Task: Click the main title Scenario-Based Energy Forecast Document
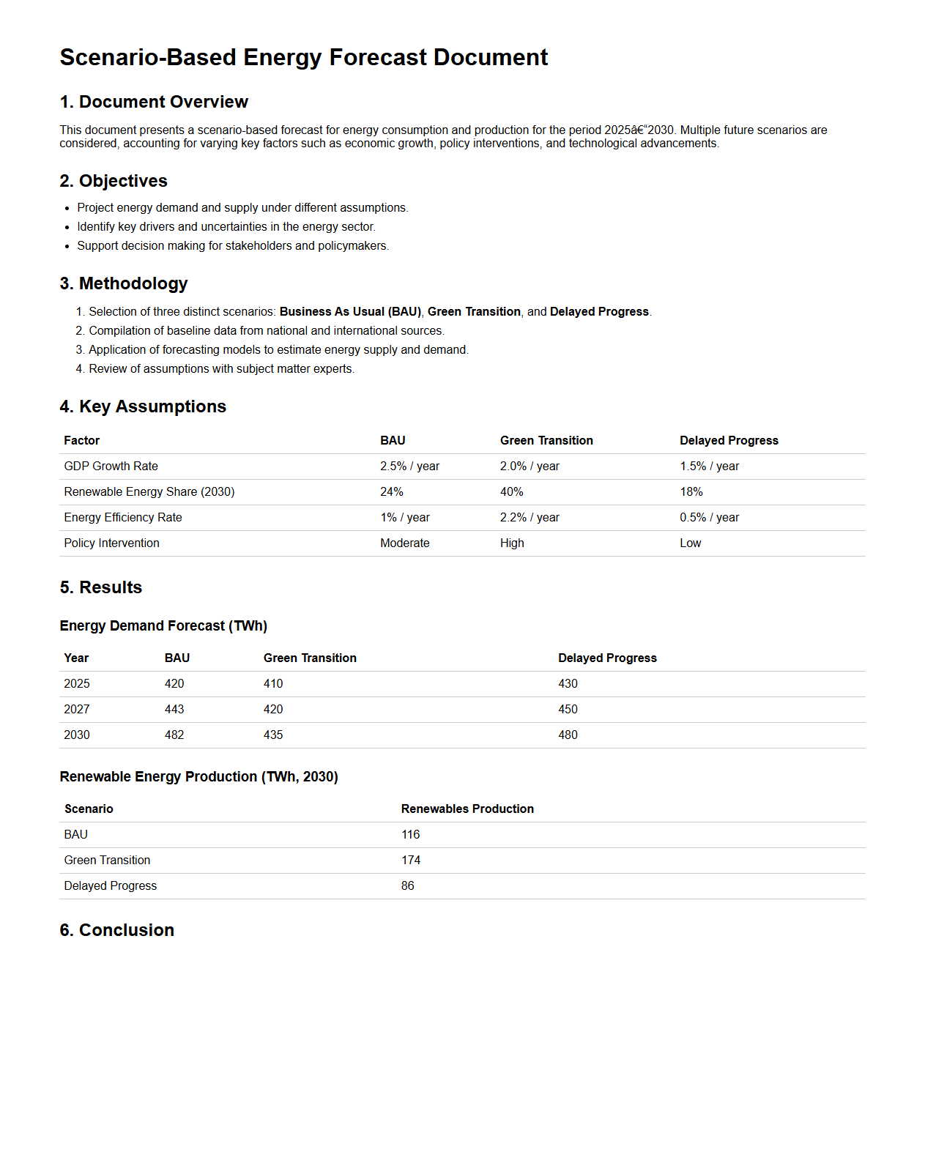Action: pyautogui.click(x=303, y=57)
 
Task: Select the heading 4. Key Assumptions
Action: pyautogui.click(x=143, y=406)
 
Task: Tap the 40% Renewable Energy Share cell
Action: pyautogui.click(x=511, y=492)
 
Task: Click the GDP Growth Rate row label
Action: pyautogui.click(x=111, y=467)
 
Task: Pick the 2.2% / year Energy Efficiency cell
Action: pyautogui.click(x=530, y=518)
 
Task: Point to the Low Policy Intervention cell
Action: pyautogui.click(x=690, y=543)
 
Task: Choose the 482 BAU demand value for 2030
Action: pyautogui.click(x=174, y=735)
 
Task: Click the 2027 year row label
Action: pyautogui.click(x=77, y=710)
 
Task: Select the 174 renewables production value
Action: pyautogui.click(x=411, y=861)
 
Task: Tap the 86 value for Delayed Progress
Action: pyautogui.click(x=408, y=886)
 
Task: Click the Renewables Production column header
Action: pyautogui.click(x=467, y=809)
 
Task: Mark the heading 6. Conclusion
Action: pyautogui.click(x=117, y=930)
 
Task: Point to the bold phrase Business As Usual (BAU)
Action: pyautogui.click(x=350, y=312)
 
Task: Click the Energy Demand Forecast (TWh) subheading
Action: pyautogui.click(x=163, y=626)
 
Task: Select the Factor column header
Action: pyautogui.click(x=81, y=441)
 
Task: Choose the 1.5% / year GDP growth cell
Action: pyautogui.click(x=709, y=467)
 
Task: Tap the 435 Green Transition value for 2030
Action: pyautogui.click(x=273, y=735)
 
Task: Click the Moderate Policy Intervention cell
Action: pyautogui.click(x=404, y=543)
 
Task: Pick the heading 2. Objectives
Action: pyautogui.click(x=114, y=181)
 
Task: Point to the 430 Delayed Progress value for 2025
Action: pyautogui.click(x=568, y=684)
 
